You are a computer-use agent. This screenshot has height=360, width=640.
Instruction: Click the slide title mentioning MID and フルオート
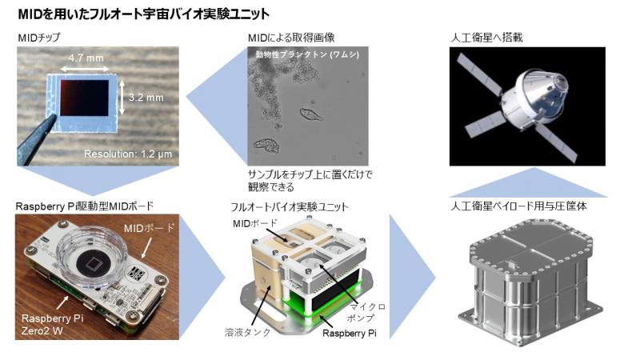coord(144,14)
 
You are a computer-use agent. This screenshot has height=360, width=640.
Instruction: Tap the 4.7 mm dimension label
coord(86,58)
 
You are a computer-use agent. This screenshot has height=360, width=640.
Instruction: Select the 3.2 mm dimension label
coord(146,98)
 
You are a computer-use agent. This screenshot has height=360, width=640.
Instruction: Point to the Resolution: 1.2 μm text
coord(128,154)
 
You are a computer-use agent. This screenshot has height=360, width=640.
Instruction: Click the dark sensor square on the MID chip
coord(85,98)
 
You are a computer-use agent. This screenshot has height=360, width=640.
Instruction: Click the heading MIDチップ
coord(39,38)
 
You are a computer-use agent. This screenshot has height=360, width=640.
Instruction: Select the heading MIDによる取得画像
coord(291,38)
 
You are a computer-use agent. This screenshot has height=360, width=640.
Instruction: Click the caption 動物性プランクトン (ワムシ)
coord(307,54)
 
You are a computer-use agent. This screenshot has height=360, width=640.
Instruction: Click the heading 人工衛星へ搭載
coord(486,38)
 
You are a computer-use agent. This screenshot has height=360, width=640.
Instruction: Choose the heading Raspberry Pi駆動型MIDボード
coord(85,206)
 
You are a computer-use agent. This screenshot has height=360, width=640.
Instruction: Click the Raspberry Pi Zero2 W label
coord(52,325)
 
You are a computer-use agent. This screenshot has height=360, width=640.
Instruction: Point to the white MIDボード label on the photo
coord(149,228)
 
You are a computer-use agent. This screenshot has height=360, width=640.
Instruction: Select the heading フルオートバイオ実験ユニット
coord(290,206)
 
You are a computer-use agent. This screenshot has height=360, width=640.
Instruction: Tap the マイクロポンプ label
coord(366,312)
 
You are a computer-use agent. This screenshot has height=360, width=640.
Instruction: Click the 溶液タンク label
coord(247,332)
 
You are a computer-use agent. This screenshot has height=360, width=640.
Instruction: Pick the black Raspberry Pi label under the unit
coord(350,333)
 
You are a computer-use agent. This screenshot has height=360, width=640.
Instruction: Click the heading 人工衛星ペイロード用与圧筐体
coord(518,206)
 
